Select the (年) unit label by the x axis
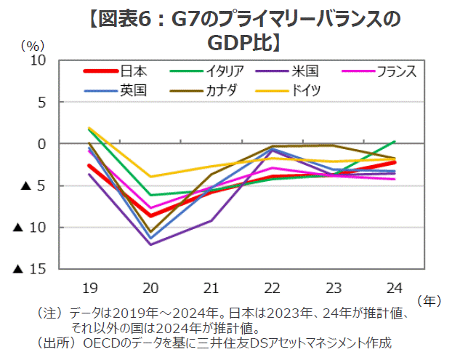click(430, 299)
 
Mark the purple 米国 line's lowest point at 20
click(150, 244)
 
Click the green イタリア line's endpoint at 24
click(395, 141)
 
